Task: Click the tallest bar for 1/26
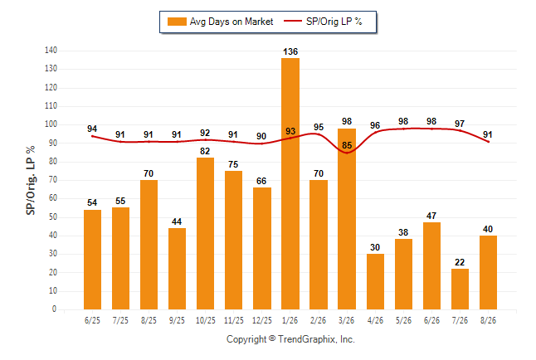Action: pyautogui.click(x=290, y=183)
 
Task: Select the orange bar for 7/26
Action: pyautogui.click(x=460, y=289)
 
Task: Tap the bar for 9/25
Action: pyautogui.click(x=177, y=269)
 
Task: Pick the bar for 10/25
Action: pyautogui.click(x=205, y=234)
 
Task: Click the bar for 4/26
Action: pyautogui.click(x=375, y=281)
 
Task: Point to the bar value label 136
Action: pyautogui.click(x=290, y=51)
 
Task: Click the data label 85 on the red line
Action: pyautogui.click(x=347, y=145)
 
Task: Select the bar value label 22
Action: pyautogui.click(x=460, y=262)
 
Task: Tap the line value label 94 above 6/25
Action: pyautogui.click(x=92, y=129)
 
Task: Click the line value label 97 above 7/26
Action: pyautogui.click(x=460, y=124)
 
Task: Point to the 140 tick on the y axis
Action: pyautogui.click(x=51, y=51)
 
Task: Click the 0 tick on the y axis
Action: pyautogui.click(x=54, y=309)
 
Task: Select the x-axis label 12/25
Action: pyautogui.click(x=262, y=320)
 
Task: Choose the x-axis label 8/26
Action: pyautogui.click(x=488, y=320)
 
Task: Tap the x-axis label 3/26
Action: pyautogui.click(x=347, y=320)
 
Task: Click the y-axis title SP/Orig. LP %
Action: pyautogui.click(x=31, y=180)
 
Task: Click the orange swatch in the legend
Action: pyautogui.click(x=177, y=22)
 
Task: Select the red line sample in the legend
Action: pyautogui.click(x=293, y=22)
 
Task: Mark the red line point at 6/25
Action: pyautogui.click(x=92, y=136)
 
